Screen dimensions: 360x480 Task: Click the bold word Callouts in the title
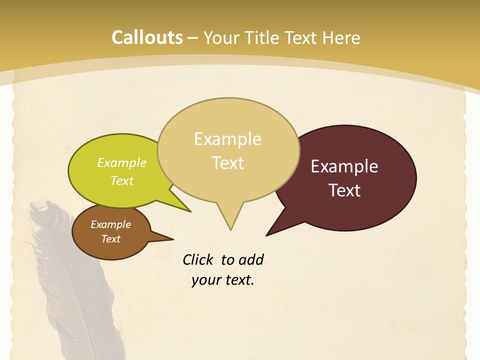click(147, 37)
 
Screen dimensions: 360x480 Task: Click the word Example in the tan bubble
click(227, 139)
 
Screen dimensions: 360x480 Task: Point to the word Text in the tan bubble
click(227, 163)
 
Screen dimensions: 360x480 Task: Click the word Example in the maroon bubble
click(344, 166)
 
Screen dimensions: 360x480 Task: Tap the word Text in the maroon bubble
click(344, 190)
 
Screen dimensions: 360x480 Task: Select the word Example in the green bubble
click(122, 162)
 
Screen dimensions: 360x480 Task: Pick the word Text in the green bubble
click(122, 180)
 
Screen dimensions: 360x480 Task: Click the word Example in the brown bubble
click(110, 224)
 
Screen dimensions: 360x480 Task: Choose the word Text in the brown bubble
click(110, 239)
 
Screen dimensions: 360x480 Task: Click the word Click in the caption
click(198, 259)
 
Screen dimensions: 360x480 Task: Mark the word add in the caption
click(251, 259)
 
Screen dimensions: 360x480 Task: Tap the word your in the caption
click(204, 279)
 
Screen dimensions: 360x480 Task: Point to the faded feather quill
click(75, 280)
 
